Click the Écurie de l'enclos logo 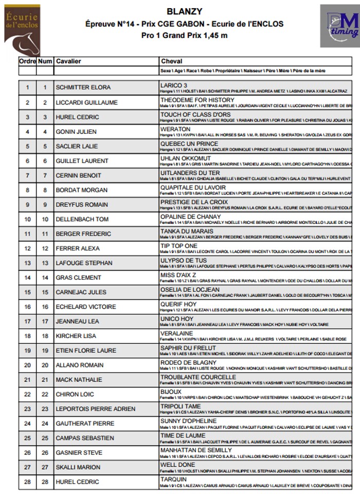coord(22,30)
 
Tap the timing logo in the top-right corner coord(339,26)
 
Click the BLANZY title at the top coord(184,11)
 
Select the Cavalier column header coord(68,61)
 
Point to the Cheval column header coord(171,61)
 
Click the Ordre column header coord(27,61)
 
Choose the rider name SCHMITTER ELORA coord(83,87)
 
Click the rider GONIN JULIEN coord(76,132)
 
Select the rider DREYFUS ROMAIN coord(82,204)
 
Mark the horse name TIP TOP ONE coord(178,246)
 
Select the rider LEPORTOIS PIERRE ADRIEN coord(95,409)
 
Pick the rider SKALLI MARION coord(78,467)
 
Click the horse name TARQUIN coord(173,479)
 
